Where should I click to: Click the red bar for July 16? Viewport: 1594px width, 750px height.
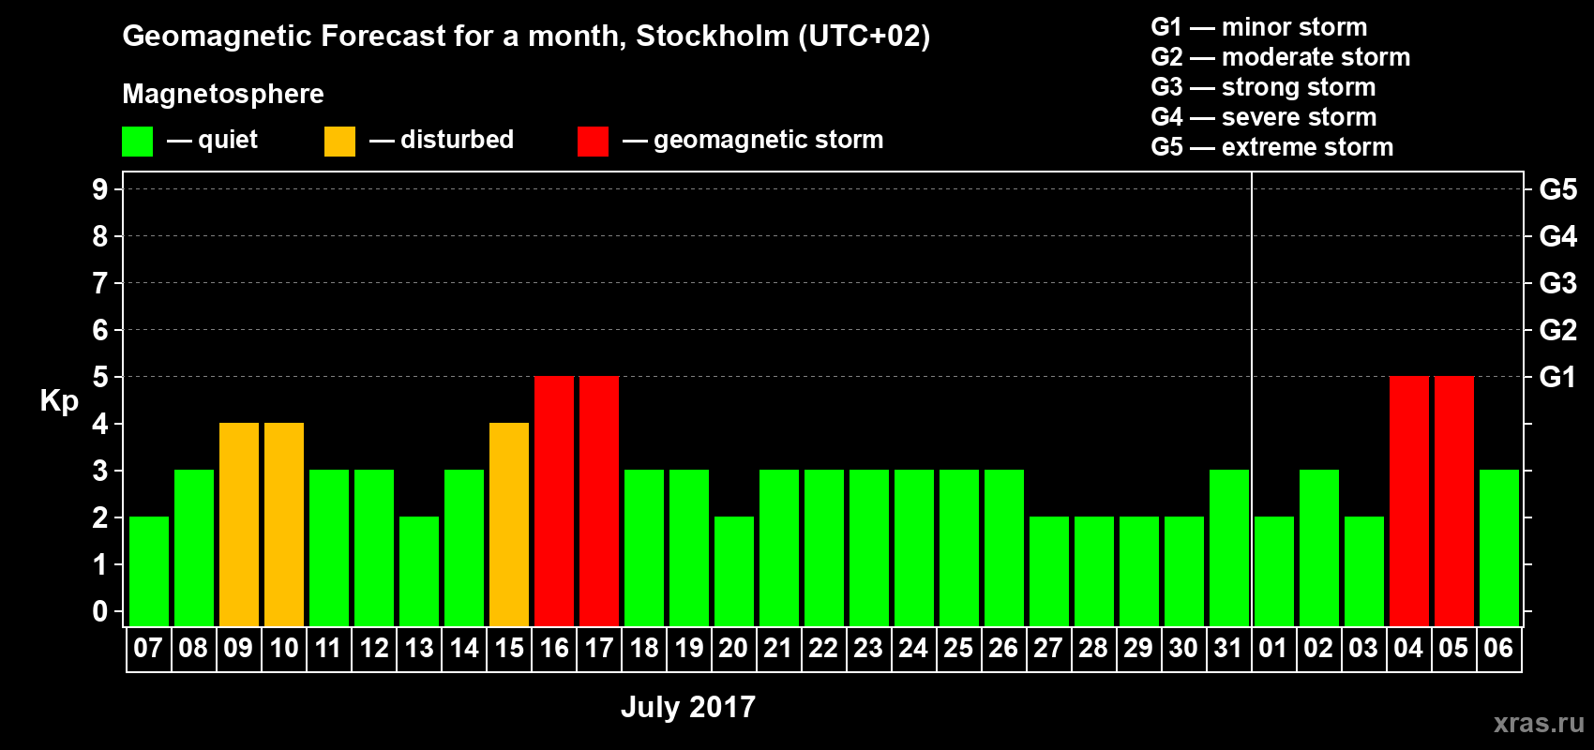tap(554, 501)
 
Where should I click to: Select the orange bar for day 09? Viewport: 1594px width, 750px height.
tap(239, 524)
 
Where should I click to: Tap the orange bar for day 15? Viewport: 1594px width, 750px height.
tap(509, 524)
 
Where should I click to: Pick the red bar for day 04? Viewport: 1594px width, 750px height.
tap(1409, 501)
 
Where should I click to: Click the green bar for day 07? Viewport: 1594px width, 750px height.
tap(149, 571)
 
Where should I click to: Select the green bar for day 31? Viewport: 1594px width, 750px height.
tap(1229, 547)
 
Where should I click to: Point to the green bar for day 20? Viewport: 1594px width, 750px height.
tap(734, 571)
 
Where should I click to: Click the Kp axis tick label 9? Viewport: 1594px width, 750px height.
tap(100, 189)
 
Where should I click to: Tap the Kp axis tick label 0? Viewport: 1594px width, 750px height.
tap(100, 611)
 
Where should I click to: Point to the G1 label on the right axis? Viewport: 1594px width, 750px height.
tap(1557, 377)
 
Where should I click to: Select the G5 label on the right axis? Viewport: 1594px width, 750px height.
tap(1557, 189)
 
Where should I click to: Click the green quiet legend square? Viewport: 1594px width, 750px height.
tap(138, 142)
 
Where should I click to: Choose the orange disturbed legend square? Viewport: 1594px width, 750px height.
tap(340, 142)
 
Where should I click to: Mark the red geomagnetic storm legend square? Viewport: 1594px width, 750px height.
tap(593, 142)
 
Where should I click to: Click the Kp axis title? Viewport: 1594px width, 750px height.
tap(59, 401)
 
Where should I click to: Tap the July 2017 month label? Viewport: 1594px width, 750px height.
tap(688, 707)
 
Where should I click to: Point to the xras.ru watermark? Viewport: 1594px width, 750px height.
tap(1539, 723)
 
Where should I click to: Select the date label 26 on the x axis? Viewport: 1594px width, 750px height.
tap(1003, 648)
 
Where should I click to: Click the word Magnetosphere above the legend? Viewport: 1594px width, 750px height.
tap(223, 94)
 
